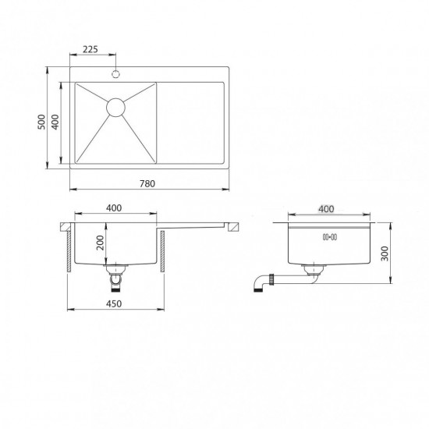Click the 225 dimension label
click(90, 49)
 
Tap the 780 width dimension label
click(147, 183)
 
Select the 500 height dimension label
click(41, 122)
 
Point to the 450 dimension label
click(114, 303)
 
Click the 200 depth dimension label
click(101, 243)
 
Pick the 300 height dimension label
click(385, 253)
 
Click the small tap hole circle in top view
click(115, 74)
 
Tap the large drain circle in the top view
click(115, 108)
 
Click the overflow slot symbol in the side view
click(330, 237)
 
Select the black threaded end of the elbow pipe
click(258, 290)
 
